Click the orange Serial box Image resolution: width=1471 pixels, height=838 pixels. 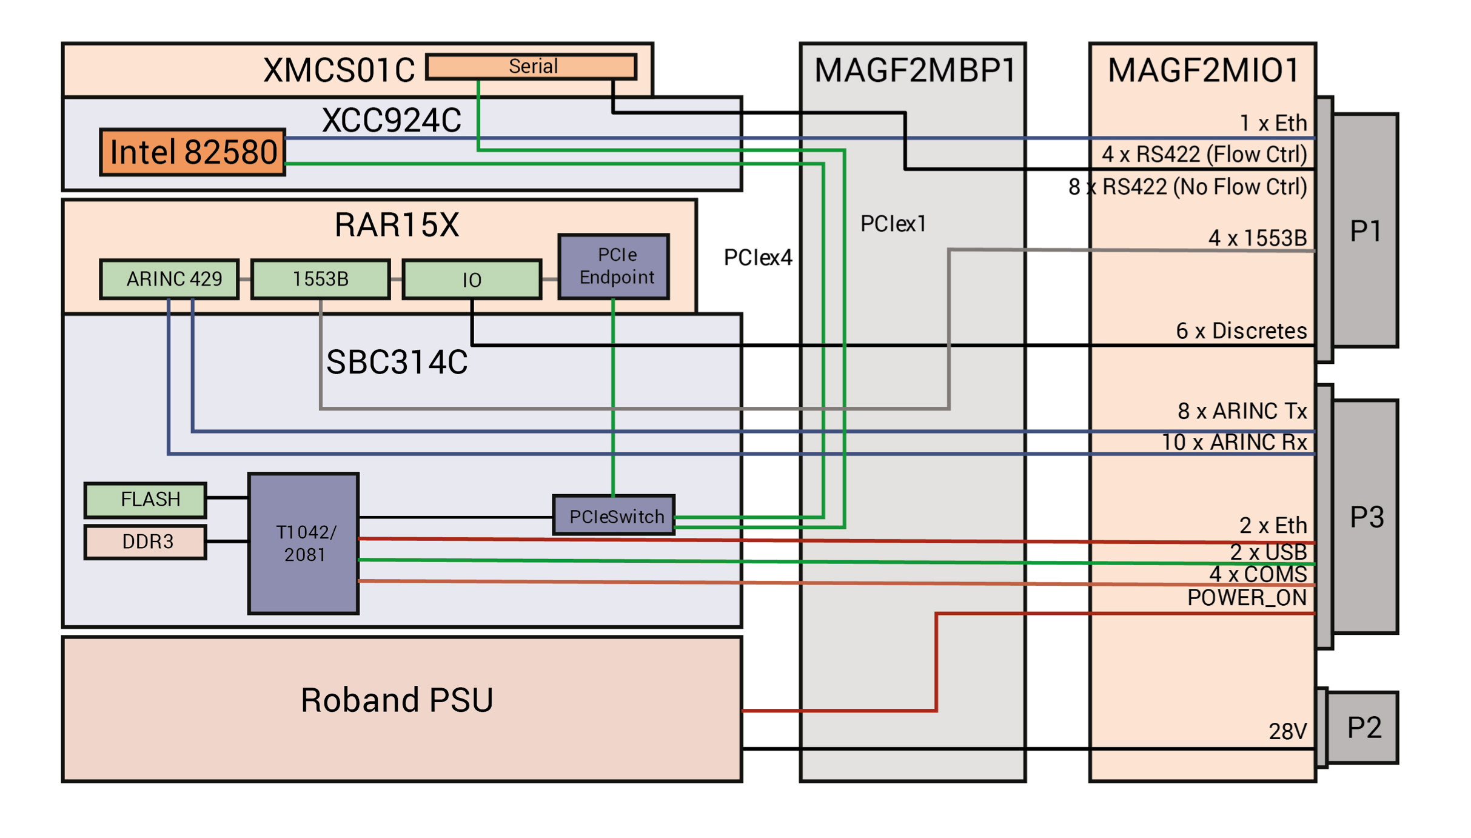tap(532, 66)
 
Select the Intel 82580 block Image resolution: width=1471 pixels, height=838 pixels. tap(193, 152)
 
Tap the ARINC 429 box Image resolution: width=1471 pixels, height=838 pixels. tap(170, 279)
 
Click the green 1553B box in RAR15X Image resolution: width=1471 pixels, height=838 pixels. tap(320, 279)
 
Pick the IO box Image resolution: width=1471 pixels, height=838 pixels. tap(472, 280)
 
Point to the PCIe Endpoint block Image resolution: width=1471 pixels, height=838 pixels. tap(614, 266)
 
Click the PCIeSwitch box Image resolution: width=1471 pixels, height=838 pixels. tap(614, 515)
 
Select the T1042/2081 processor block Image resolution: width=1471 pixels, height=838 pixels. tap(303, 544)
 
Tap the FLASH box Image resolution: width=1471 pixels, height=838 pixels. tap(146, 500)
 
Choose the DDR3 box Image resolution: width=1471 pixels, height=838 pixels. tap(146, 541)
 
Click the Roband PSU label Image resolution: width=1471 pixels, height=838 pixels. tap(397, 700)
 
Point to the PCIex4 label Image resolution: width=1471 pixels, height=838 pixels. tap(758, 258)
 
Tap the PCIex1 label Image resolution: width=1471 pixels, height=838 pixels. tap(893, 224)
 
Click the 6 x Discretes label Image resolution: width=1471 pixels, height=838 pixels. tap(1241, 331)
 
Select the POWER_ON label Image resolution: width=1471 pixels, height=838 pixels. tap(1246, 598)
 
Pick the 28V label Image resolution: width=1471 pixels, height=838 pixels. tap(1287, 731)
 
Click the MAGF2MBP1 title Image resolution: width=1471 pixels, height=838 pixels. tap(914, 70)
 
